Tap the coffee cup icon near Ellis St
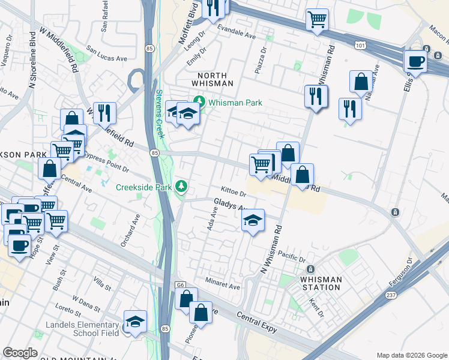(415, 61)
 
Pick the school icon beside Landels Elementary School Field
(135, 323)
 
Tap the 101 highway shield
(360, 44)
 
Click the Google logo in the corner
(20, 353)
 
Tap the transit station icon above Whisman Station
(310, 268)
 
